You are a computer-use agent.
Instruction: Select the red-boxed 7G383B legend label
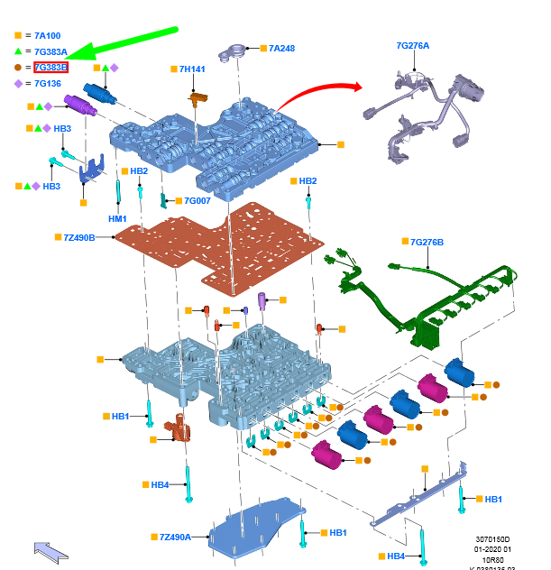click(x=51, y=67)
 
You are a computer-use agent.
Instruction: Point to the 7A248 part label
click(x=282, y=48)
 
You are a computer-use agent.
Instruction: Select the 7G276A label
click(x=413, y=45)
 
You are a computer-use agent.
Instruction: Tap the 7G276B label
click(x=427, y=242)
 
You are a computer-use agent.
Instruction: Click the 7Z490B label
click(x=79, y=237)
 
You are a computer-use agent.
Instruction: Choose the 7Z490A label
click(x=176, y=537)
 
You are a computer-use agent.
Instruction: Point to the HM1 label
click(x=117, y=218)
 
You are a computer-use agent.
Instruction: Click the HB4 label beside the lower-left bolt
click(x=160, y=485)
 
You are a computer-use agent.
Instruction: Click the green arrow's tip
click(x=71, y=60)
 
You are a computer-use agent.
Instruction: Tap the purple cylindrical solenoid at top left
click(x=80, y=105)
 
